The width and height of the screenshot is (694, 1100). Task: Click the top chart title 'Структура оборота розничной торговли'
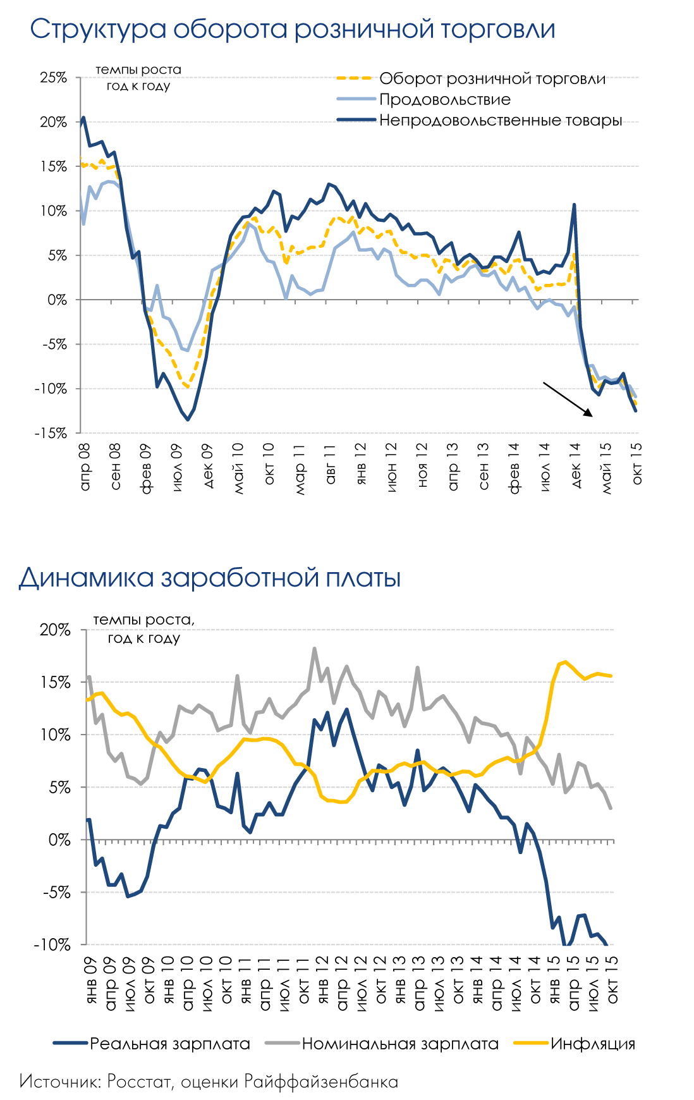click(x=292, y=29)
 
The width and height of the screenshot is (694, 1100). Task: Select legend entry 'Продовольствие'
click(x=444, y=100)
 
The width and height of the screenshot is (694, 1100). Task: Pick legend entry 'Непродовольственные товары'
click(x=500, y=121)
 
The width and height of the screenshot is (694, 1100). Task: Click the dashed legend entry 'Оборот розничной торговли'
click(x=492, y=79)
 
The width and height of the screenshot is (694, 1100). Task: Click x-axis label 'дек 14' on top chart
click(x=576, y=465)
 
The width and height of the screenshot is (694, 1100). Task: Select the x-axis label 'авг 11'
click(x=330, y=464)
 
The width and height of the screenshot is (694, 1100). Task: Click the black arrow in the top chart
click(x=568, y=400)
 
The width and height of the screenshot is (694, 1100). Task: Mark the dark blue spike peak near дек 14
click(x=574, y=205)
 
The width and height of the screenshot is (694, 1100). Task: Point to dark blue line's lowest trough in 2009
click(x=188, y=419)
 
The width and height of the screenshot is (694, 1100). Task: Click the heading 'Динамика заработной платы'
click(x=210, y=578)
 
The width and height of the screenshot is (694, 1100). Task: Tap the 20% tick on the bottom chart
click(x=56, y=630)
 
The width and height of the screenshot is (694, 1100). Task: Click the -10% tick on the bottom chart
click(x=53, y=944)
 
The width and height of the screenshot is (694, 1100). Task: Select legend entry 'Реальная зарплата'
click(x=169, y=1044)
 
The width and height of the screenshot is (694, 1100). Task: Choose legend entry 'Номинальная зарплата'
click(x=399, y=1044)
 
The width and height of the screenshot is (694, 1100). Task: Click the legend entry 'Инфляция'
click(x=592, y=1044)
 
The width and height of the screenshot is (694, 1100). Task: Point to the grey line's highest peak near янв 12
click(x=314, y=649)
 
